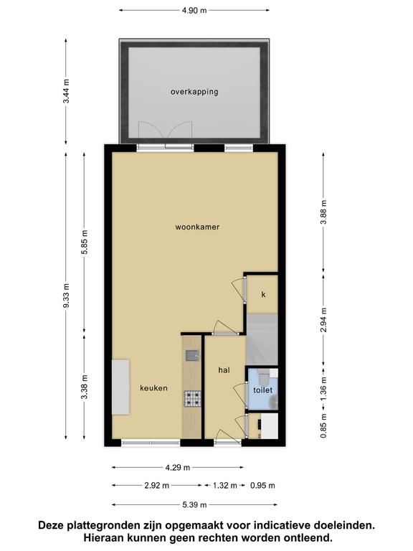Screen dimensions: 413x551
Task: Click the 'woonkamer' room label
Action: (x=197, y=227)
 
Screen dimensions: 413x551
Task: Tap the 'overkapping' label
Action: (x=194, y=92)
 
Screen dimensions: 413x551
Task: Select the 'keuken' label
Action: (x=153, y=388)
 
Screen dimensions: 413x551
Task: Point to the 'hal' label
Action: (x=224, y=370)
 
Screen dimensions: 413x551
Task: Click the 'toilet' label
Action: (x=263, y=390)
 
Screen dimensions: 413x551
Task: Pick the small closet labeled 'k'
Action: (x=263, y=294)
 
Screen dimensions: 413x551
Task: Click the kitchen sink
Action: (x=192, y=356)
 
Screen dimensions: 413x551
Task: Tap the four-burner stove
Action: (x=192, y=399)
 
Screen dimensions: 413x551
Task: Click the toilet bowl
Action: (x=263, y=378)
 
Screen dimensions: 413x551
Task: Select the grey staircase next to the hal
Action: (x=262, y=339)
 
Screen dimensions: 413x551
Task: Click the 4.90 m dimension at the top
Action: (x=194, y=10)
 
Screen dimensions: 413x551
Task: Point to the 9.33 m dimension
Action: (x=66, y=295)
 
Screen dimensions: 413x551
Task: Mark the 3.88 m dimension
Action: (x=324, y=212)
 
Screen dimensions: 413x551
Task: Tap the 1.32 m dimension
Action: (x=224, y=486)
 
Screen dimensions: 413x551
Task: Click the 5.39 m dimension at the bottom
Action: (x=194, y=505)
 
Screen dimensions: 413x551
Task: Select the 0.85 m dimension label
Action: (x=323, y=425)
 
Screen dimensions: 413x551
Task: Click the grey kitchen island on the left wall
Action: (x=120, y=387)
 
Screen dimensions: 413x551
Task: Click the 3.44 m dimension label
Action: (x=66, y=91)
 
